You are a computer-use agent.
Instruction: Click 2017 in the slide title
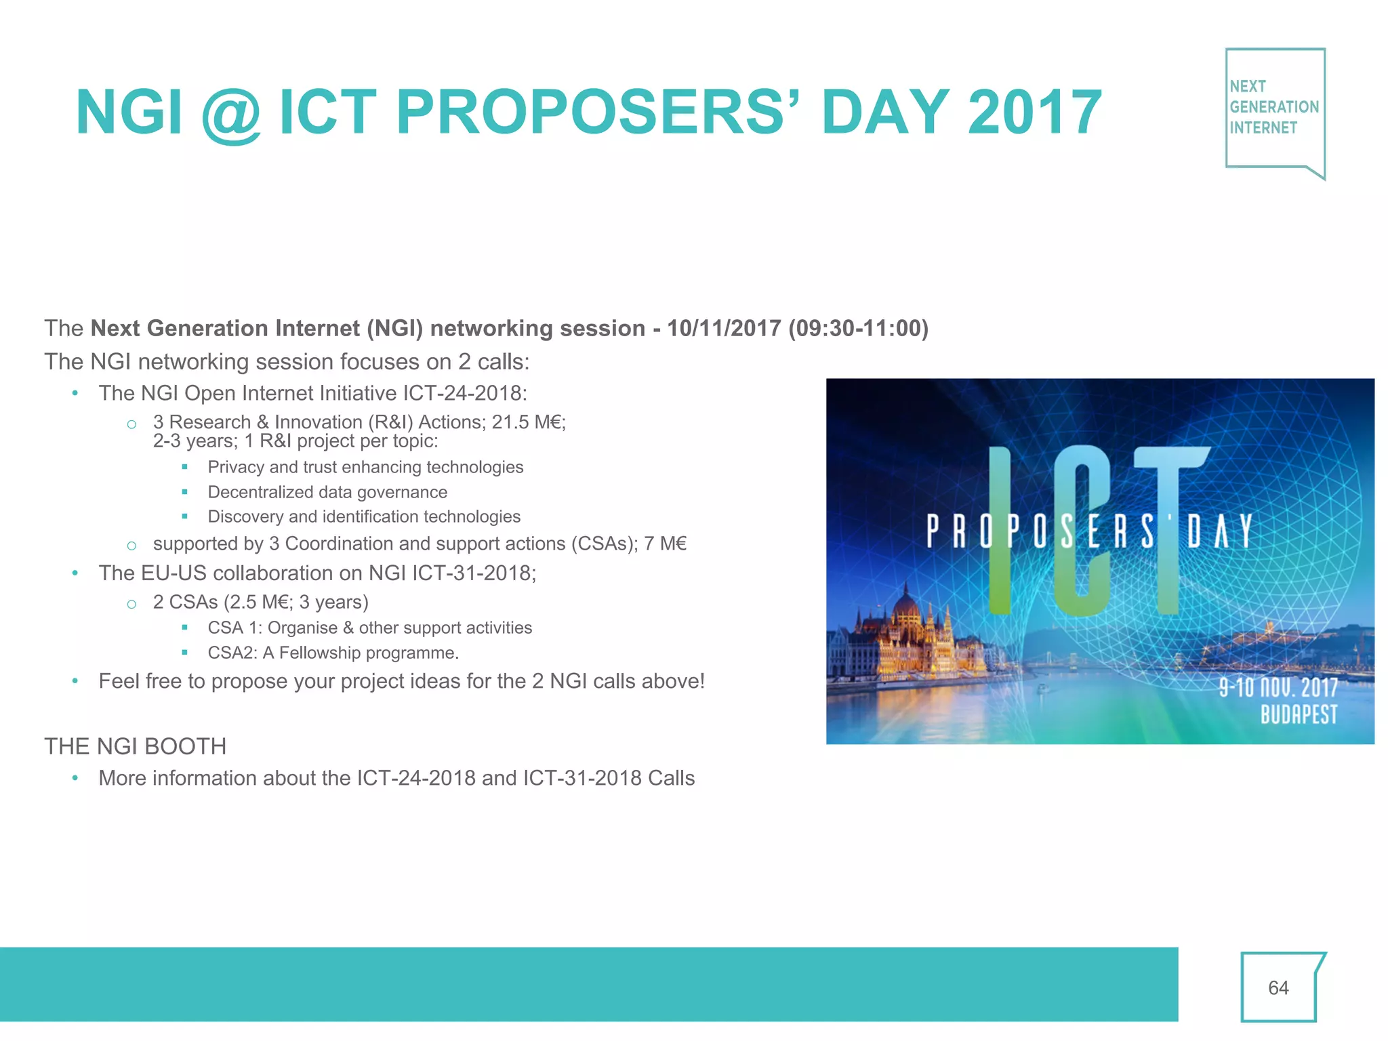point(1034,113)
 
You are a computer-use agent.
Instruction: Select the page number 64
point(1278,988)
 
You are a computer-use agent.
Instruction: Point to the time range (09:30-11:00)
point(858,329)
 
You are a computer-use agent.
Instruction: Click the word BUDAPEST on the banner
point(1299,714)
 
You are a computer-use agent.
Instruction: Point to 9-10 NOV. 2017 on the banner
point(1278,687)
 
